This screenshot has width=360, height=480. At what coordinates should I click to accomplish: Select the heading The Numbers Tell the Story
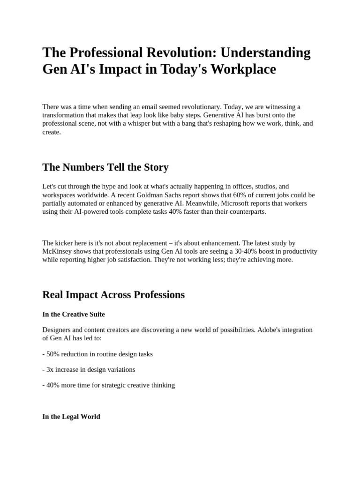[x=105, y=167]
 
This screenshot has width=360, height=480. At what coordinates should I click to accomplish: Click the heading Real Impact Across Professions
[x=113, y=295]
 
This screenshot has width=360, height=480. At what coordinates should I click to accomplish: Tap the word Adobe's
[x=270, y=330]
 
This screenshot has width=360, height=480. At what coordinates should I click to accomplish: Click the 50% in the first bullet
[x=53, y=354]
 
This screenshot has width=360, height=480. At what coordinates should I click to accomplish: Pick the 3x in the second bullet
[x=50, y=369]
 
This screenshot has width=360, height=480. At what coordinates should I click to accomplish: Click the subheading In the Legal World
[x=71, y=416]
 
